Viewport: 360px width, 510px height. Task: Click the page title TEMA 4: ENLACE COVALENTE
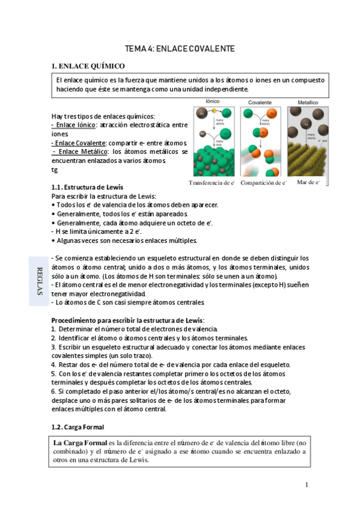pos(179,48)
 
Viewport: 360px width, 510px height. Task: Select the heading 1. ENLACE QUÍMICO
pos(88,66)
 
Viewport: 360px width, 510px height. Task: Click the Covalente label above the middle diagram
pos(260,103)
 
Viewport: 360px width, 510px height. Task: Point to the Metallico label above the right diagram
pos(308,103)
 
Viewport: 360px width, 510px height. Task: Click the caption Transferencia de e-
pos(211,182)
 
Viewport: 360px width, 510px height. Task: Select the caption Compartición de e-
pos(263,182)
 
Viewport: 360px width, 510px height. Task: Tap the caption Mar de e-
pos(308,182)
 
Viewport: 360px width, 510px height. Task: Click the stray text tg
pos(55,170)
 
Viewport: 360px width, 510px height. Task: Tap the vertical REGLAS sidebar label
pos(40,280)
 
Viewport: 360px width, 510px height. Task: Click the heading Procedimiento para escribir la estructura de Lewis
pos(128,320)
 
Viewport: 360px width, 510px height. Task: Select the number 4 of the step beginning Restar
pos(53,365)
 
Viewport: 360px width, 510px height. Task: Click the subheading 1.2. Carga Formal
pos(78,426)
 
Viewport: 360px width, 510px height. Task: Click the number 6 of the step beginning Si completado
pos(53,392)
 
